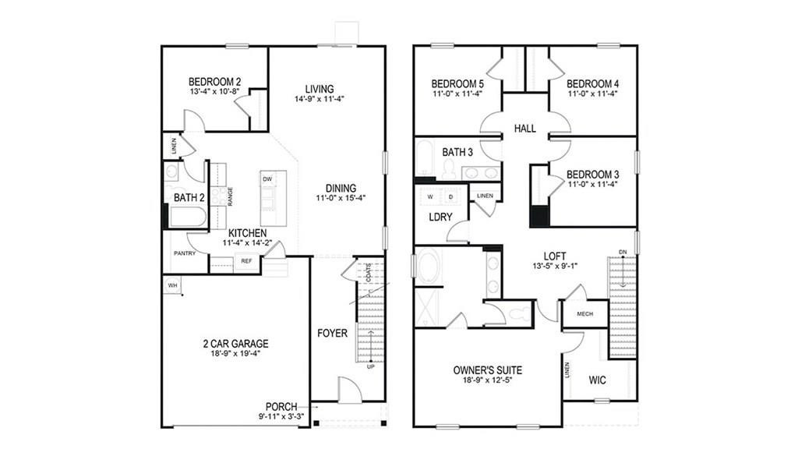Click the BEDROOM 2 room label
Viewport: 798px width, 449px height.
pos(214,81)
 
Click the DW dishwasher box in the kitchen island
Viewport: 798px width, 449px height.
pos(267,179)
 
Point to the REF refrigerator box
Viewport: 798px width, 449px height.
pos(246,261)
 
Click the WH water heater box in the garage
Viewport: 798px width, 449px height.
pos(171,286)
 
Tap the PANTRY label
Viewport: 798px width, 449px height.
pos(184,253)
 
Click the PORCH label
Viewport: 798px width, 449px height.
pos(281,406)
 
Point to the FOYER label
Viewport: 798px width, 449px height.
pos(332,334)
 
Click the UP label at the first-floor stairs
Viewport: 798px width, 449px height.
pos(370,366)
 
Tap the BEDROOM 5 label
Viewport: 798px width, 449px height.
pos(457,83)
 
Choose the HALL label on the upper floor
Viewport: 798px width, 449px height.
pos(524,128)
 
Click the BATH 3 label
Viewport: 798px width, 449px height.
pos(457,153)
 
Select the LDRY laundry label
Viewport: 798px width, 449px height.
pos(440,217)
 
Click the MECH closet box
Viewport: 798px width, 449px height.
pos(586,314)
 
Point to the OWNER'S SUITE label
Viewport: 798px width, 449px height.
pos(487,370)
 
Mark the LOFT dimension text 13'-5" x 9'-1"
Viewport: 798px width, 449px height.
pos(555,266)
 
